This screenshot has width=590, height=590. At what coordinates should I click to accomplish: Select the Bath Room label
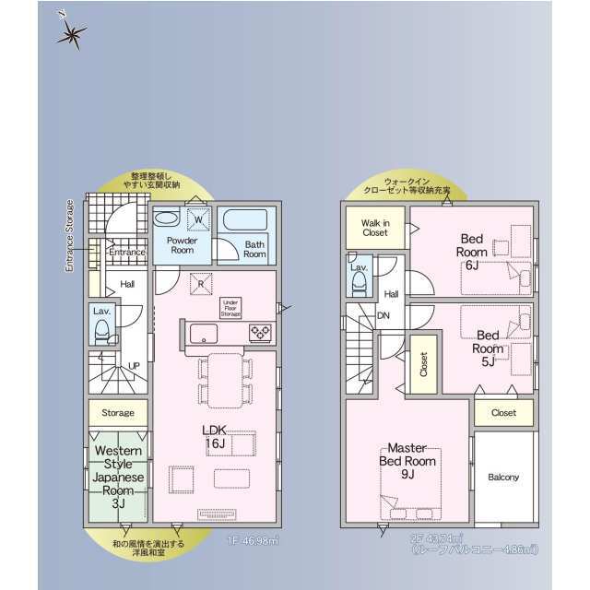pyautogui.click(x=254, y=249)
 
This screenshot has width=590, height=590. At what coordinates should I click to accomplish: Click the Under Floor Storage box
pyautogui.click(x=230, y=308)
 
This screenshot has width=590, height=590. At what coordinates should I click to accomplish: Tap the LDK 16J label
pyautogui.click(x=215, y=437)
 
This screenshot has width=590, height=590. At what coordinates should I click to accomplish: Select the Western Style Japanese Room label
pyautogui.click(x=118, y=477)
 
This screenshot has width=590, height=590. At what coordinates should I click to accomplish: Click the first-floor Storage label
pyautogui.click(x=118, y=413)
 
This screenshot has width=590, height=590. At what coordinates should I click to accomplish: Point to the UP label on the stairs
pyautogui.click(x=135, y=365)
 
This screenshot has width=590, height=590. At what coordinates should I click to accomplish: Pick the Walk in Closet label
pyautogui.click(x=375, y=228)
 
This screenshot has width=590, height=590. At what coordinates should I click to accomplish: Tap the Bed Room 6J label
pyautogui.click(x=471, y=252)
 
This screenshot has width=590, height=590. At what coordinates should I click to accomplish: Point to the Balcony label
pyautogui.click(x=503, y=477)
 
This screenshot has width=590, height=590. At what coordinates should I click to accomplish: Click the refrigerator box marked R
pyautogui.click(x=202, y=284)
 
